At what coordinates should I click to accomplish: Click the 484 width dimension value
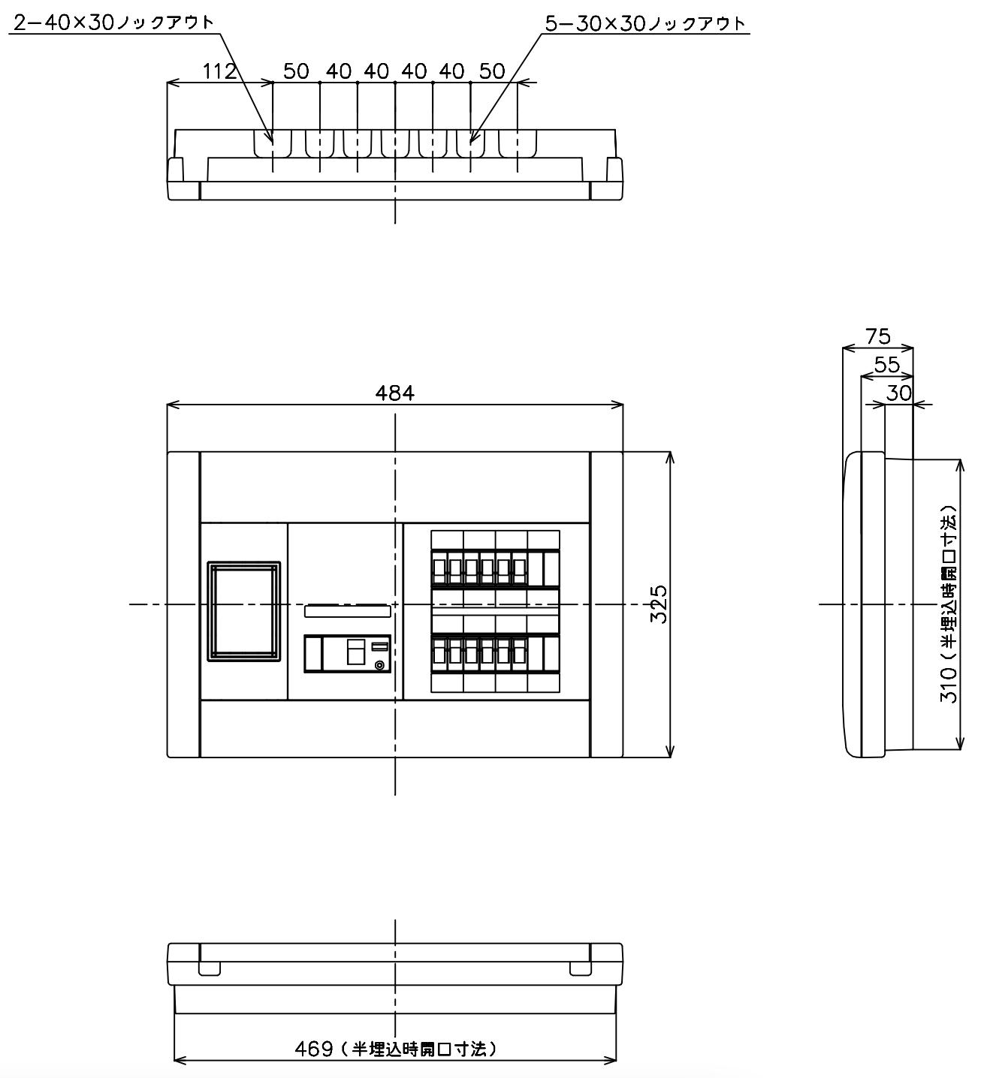395,393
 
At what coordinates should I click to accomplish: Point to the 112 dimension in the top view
219,71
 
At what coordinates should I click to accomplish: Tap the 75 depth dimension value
878,336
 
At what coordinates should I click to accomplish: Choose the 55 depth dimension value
887,365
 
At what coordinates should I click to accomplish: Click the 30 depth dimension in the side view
899,393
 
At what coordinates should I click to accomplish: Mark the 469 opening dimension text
396,1049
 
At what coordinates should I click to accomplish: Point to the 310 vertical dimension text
949,604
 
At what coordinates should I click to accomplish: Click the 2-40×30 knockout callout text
113,23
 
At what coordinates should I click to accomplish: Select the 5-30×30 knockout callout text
645,23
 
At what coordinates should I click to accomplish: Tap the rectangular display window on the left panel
243,612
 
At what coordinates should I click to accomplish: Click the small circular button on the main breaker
380,666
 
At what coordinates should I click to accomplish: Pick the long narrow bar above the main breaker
348,611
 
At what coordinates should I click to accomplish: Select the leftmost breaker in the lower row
439,653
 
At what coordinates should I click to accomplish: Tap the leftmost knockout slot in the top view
273,143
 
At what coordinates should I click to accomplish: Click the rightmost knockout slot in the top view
518,143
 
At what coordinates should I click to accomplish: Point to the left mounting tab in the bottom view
210,968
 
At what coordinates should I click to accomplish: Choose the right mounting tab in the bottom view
581,968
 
